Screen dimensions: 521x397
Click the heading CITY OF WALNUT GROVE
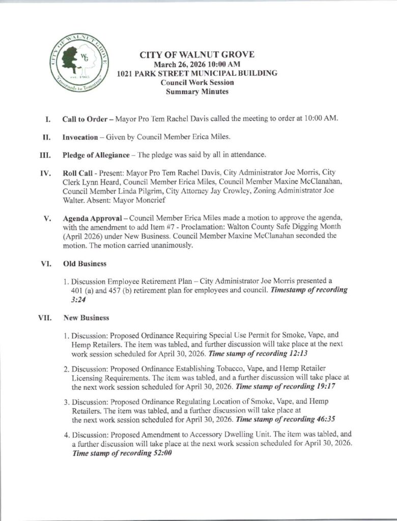coord(197,55)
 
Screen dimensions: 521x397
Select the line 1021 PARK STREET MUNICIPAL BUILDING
coord(197,73)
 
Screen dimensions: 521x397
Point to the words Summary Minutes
coord(197,92)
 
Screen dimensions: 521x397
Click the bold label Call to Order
coord(83,119)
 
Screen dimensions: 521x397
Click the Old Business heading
coord(84,264)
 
